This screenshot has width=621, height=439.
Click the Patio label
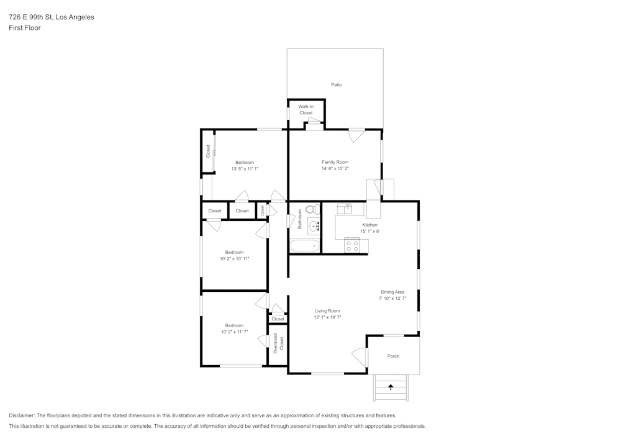336,84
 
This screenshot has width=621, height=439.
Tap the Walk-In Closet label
306,110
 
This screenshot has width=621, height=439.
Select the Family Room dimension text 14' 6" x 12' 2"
335,168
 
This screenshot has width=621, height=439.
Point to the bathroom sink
313,226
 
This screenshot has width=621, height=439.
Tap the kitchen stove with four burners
352,246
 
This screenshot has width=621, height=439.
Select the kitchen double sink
345,208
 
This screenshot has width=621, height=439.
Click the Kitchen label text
369,225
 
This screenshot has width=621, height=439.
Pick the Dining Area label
392,292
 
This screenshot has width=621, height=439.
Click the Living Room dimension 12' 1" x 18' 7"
327,317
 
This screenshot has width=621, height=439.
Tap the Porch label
393,356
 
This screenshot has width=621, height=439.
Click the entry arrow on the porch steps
391,387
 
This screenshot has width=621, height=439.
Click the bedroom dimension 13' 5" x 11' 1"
244,168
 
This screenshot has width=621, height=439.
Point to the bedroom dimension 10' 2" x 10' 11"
234,258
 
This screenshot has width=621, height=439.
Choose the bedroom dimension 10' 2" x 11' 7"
234,332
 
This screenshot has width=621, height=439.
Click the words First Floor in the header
25,28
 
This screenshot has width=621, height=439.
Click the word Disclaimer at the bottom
22,415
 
